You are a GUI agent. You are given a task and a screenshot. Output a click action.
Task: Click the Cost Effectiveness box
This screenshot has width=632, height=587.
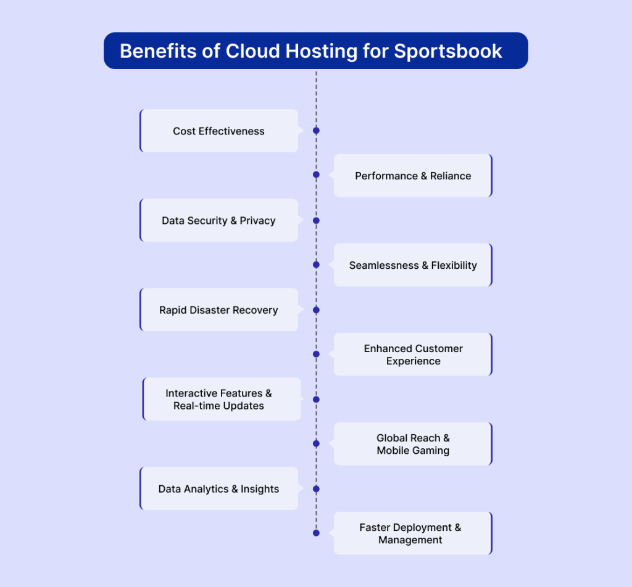[219, 131]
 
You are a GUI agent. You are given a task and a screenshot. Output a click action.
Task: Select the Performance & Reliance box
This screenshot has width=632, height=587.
[413, 176]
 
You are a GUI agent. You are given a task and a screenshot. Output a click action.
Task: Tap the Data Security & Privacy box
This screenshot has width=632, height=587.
[219, 220]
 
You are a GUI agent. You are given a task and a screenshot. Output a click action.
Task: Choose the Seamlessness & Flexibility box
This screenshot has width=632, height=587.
[413, 265]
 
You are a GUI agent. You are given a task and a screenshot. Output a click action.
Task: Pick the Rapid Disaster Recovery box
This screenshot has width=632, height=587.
[219, 310]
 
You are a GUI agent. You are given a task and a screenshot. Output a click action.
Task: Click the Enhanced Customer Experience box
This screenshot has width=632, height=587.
[413, 355]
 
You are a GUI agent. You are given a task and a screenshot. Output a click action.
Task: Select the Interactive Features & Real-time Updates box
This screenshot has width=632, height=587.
[222, 399]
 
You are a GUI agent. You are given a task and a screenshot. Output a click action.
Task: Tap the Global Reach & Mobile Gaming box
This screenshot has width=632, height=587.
[413, 444]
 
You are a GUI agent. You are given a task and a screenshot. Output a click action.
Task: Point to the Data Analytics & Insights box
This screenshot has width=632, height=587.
[219, 488]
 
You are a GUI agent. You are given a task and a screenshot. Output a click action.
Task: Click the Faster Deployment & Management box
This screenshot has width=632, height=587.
[413, 533]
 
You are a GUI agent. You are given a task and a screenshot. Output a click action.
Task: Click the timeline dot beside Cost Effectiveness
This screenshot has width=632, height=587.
[317, 131]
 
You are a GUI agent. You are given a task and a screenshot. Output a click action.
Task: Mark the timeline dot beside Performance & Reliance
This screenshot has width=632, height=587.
[317, 174]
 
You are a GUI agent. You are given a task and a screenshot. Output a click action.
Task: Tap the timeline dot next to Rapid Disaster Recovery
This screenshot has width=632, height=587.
[317, 310]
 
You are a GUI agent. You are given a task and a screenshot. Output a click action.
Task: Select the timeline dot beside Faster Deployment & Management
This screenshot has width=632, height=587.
[317, 533]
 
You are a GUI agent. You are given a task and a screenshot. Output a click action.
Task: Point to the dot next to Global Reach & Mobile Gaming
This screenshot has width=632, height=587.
[317, 444]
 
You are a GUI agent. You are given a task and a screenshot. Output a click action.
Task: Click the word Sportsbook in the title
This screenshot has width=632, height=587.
[448, 52]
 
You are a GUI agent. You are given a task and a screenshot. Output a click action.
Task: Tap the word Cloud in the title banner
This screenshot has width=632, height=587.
[252, 51]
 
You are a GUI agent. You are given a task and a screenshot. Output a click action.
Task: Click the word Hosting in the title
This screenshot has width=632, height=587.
[321, 52]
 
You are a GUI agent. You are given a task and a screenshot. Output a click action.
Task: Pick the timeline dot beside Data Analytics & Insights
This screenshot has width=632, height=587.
[317, 489]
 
